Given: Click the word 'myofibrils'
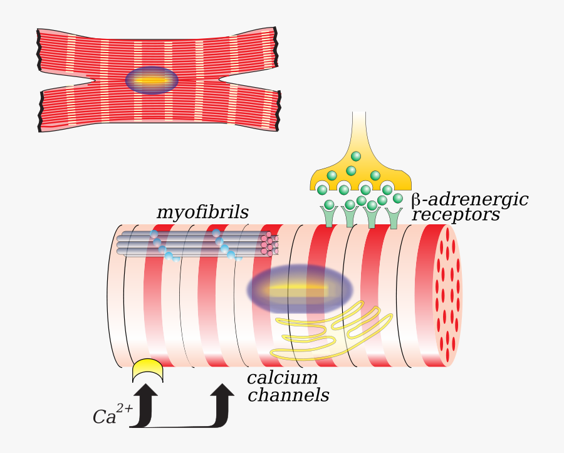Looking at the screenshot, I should [x=202, y=213].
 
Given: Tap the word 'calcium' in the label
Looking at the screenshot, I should [x=282, y=378].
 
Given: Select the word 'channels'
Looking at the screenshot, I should [x=288, y=396].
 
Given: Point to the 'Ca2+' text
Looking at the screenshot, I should [x=112, y=415].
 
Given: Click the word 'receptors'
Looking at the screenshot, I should [x=456, y=215].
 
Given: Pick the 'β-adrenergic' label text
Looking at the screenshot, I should [x=470, y=200].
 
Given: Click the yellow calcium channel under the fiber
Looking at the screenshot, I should [x=148, y=371].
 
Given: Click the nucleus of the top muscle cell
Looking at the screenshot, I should [x=152, y=80].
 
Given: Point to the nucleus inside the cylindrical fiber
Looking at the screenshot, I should [x=300, y=290].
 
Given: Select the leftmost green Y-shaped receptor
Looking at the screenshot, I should [x=330, y=216].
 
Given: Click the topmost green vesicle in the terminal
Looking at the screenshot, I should [x=356, y=156].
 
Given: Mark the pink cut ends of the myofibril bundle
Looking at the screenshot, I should [x=271, y=244].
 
